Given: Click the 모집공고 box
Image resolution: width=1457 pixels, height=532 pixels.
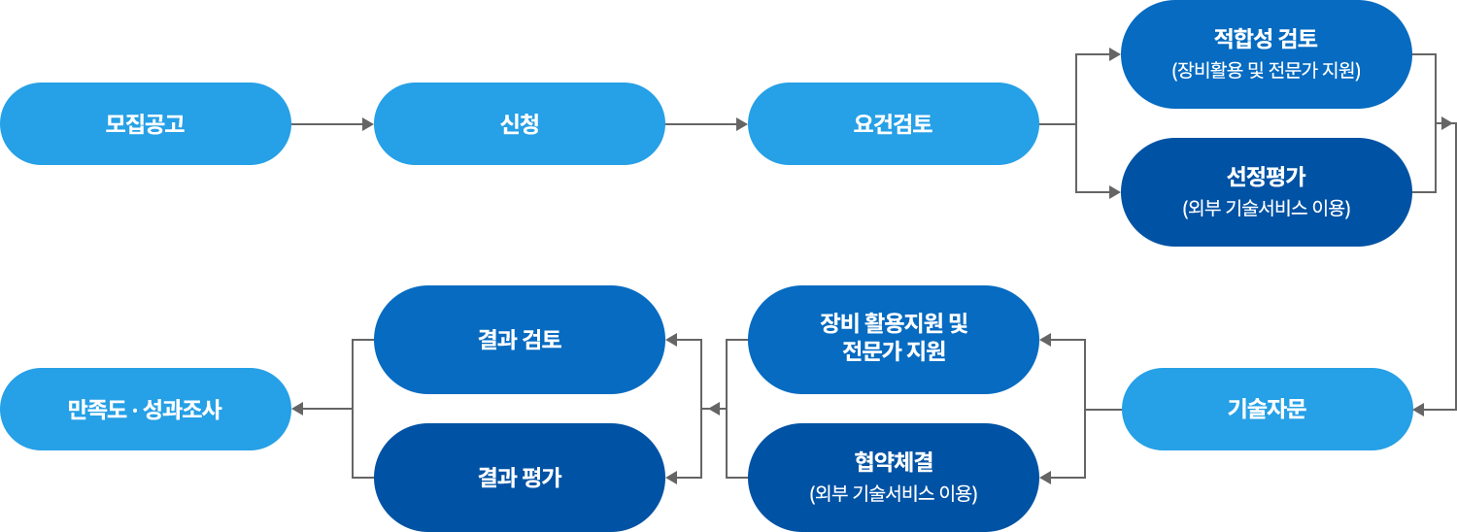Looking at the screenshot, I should coord(146,123).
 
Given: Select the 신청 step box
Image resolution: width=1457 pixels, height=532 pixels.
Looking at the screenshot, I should coord(519,123).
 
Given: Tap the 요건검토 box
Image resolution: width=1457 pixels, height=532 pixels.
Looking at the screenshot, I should coord(893,123).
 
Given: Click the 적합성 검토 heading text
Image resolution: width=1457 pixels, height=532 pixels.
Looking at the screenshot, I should coord(1266,39).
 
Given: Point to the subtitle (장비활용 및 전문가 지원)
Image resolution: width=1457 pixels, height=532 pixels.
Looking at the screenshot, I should coord(1266,71).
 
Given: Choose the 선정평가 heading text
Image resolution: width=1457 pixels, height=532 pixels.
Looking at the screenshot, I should coord(1266,177).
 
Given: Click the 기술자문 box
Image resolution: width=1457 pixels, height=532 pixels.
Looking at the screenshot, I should coord(1267,409).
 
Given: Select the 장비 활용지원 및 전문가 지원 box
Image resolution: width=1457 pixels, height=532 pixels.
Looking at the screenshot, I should coord(893,339).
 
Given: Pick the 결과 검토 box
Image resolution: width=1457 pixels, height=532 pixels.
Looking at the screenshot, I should coord(519,339).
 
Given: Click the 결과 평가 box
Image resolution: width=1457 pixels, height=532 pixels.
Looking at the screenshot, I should coord(519,477).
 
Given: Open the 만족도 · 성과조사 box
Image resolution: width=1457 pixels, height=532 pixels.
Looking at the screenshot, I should coord(146,409).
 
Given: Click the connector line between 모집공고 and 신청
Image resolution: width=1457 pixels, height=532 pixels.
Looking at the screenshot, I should coord(326,123).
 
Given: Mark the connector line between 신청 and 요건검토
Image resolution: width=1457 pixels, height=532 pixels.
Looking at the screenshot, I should coord(700,123).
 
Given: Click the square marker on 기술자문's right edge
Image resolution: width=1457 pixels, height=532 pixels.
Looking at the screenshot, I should coord(1419,410).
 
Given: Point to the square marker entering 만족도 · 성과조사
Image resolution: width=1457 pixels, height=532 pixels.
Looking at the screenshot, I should coord(298,409).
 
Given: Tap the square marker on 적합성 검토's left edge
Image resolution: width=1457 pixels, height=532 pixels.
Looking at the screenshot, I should coord(1114,54).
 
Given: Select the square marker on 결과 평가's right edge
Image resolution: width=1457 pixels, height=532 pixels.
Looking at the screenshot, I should coord(672,478).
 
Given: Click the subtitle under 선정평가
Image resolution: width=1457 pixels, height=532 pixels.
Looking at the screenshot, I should coord(1266,209).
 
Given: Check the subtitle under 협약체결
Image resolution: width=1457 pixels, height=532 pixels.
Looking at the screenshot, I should coord(893,493).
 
